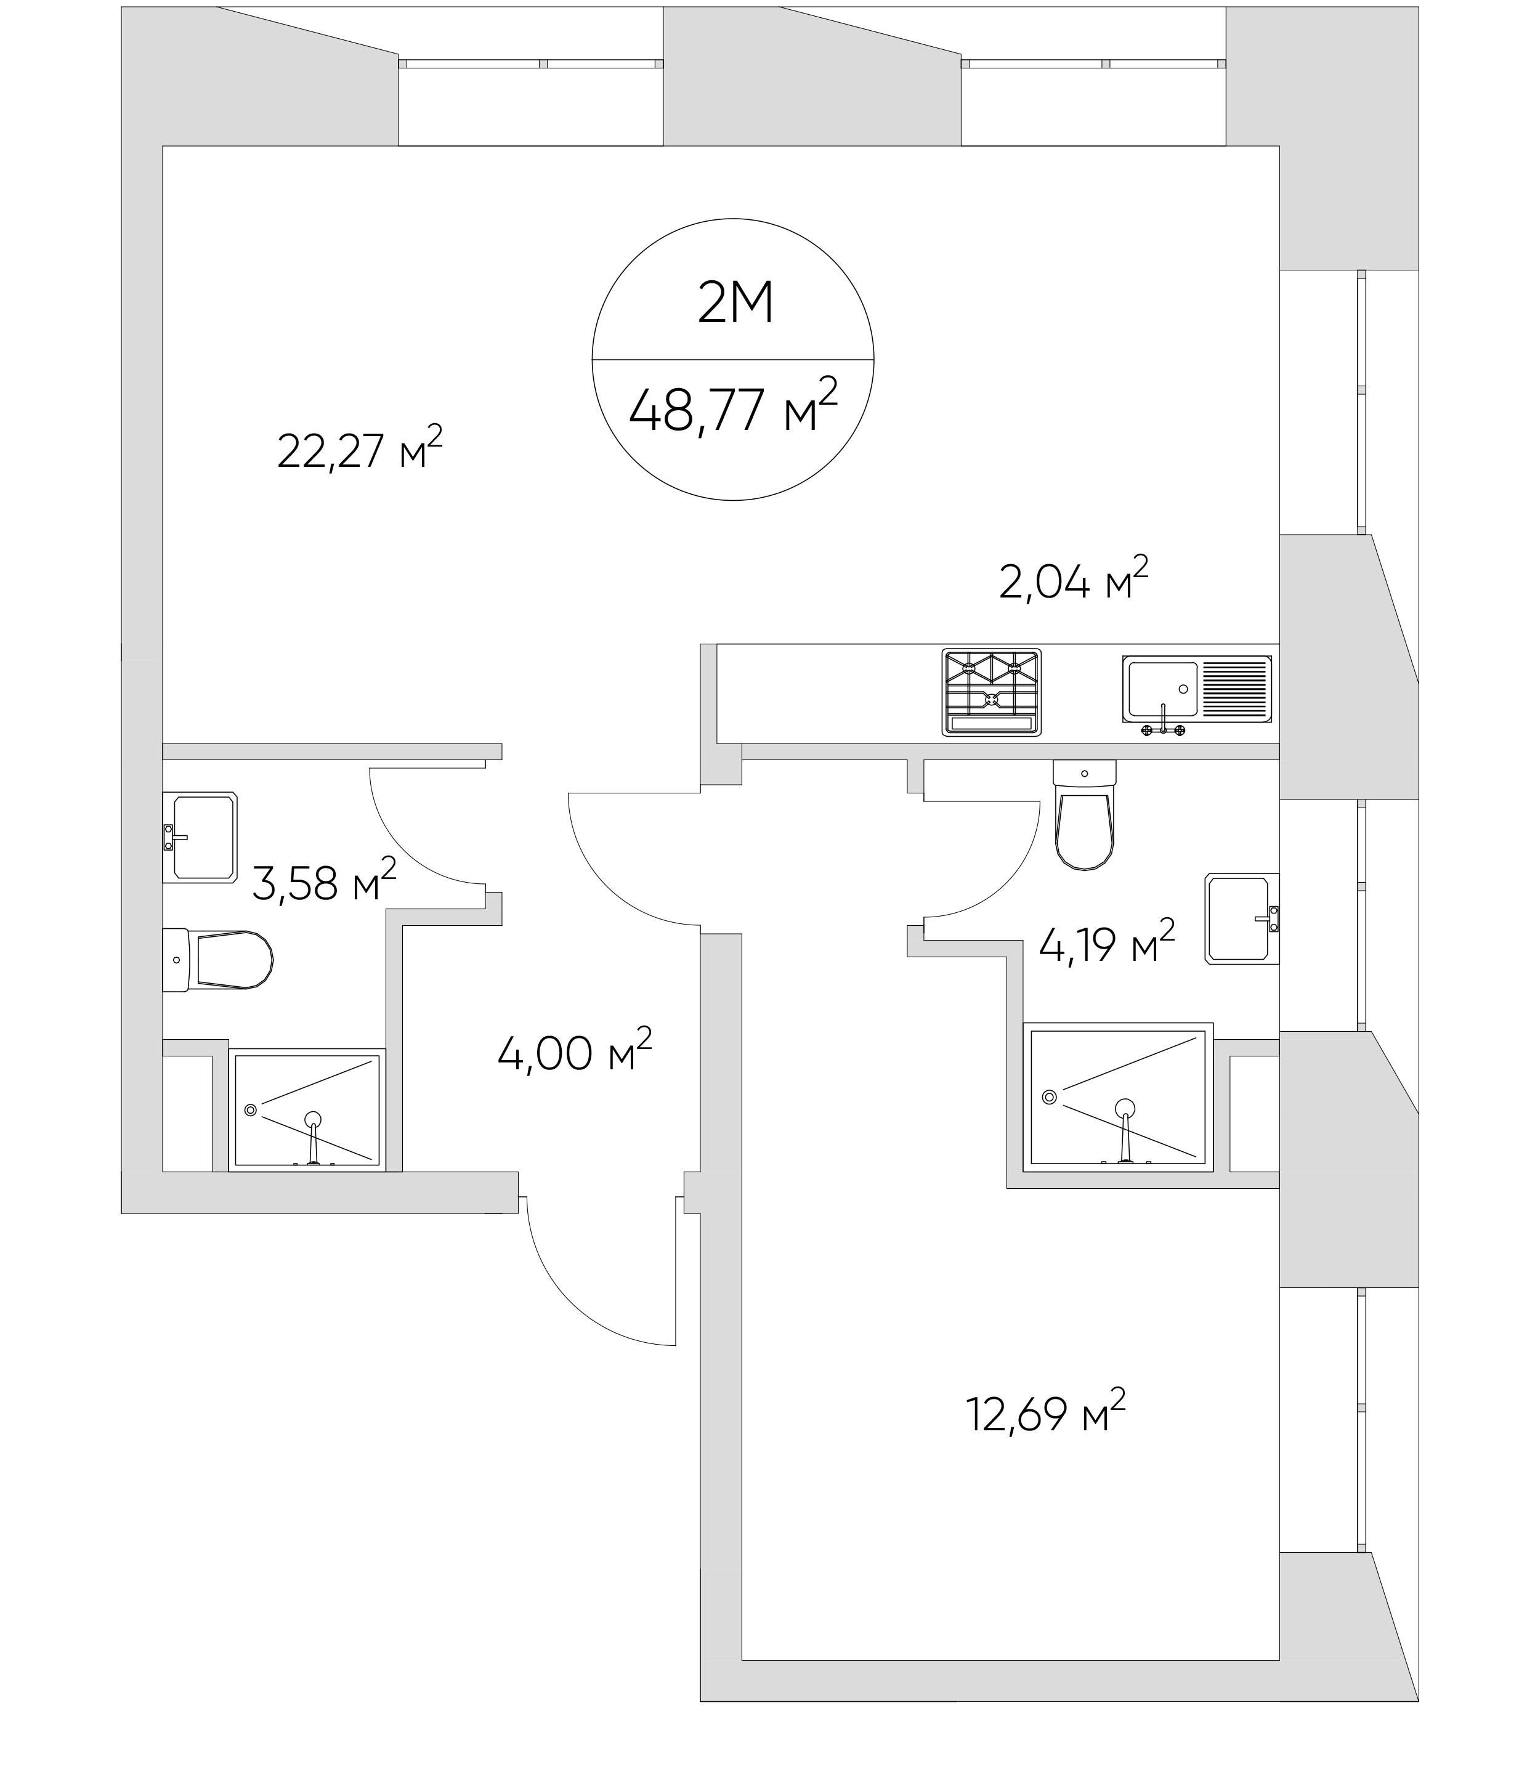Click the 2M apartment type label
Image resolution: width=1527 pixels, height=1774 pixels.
click(x=735, y=302)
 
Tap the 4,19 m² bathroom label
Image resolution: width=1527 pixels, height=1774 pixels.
click(x=1106, y=942)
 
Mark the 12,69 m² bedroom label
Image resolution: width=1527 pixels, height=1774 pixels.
click(x=1045, y=1412)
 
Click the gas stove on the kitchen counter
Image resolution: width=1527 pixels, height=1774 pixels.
click(x=991, y=692)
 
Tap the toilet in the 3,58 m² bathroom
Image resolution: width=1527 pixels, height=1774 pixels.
click(x=217, y=960)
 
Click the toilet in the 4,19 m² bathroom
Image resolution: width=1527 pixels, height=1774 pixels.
click(x=1085, y=814)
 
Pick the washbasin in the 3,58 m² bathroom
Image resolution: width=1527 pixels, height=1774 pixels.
click(x=200, y=837)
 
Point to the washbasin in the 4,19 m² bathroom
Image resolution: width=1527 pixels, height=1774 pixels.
click(x=1242, y=918)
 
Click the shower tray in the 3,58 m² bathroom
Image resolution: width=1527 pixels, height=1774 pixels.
click(x=306, y=1109)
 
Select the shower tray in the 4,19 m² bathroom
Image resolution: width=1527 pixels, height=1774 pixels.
click(x=1118, y=1097)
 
